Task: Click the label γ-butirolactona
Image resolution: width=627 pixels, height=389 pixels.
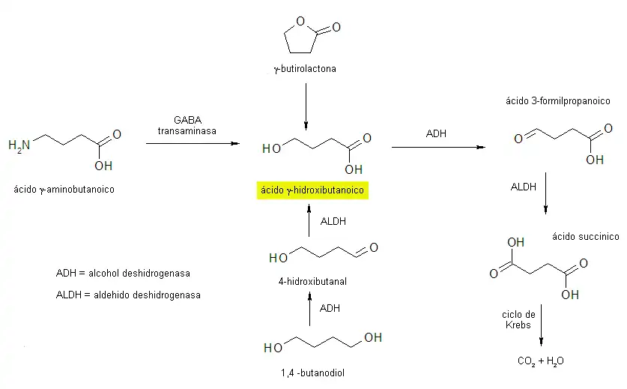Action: click(x=305, y=70)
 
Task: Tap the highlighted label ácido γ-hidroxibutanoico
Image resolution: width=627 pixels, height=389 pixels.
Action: click(x=312, y=190)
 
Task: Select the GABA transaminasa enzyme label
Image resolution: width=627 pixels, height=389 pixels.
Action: click(x=187, y=125)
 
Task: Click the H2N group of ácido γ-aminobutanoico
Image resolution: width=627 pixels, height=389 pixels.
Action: click(x=20, y=145)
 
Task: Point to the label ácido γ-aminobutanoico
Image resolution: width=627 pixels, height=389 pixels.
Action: click(x=64, y=190)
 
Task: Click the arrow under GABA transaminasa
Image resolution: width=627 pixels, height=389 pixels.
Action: click(x=193, y=143)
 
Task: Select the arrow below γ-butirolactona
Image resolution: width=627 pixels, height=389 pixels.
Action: click(x=306, y=106)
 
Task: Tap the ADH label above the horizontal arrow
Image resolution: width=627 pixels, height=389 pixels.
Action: click(x=436, y=134)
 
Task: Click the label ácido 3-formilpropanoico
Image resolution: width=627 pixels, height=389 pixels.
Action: click(x=558, y=101)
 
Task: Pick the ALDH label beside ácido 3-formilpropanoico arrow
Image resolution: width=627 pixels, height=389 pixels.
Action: click(x=524, y=187)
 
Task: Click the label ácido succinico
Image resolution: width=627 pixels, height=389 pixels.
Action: click(x=585, y=237)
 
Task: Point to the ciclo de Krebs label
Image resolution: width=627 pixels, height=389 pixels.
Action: click(x=518, y=319)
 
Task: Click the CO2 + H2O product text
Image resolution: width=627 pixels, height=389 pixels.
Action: click(x=540, y=361)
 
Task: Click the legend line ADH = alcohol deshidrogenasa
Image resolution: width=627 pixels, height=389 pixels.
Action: click(x=123, y=274)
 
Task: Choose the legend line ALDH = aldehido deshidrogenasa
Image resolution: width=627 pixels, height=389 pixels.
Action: click(x=128, y=295)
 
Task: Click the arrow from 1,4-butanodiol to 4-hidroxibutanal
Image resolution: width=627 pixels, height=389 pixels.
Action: click(x=309, y=310)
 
